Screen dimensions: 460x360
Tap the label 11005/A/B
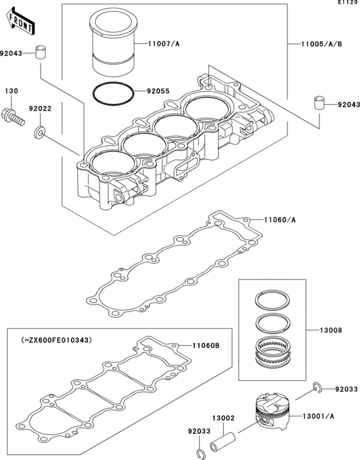321,43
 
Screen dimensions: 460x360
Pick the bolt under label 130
15,118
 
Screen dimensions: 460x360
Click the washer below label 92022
39,134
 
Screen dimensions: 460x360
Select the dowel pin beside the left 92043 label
42,51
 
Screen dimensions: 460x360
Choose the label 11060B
206,346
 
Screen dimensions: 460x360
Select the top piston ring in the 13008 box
273,300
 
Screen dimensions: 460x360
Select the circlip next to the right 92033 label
317,387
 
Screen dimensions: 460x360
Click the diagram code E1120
346,4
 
